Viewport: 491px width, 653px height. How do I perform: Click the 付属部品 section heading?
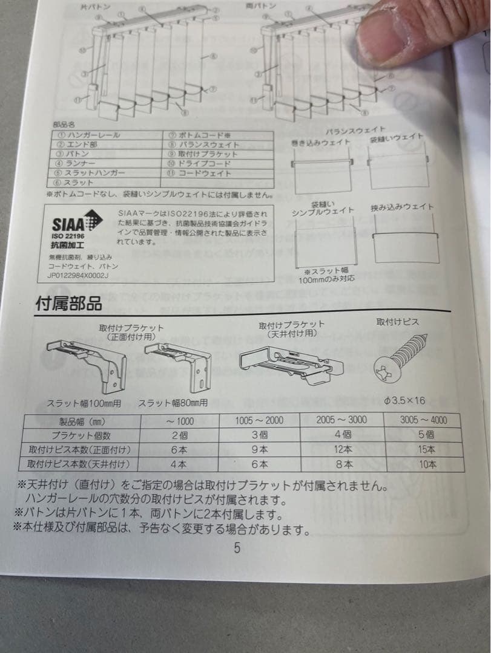68,304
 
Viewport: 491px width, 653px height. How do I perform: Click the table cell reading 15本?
426,449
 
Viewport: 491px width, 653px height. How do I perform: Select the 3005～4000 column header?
424,420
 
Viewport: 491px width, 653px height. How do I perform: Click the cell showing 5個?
426,434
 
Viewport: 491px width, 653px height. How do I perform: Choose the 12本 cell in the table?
343,449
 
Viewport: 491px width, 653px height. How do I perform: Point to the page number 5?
237,548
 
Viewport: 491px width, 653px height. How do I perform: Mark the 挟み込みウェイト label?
402,207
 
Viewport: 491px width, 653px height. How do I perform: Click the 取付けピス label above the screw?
397,322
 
